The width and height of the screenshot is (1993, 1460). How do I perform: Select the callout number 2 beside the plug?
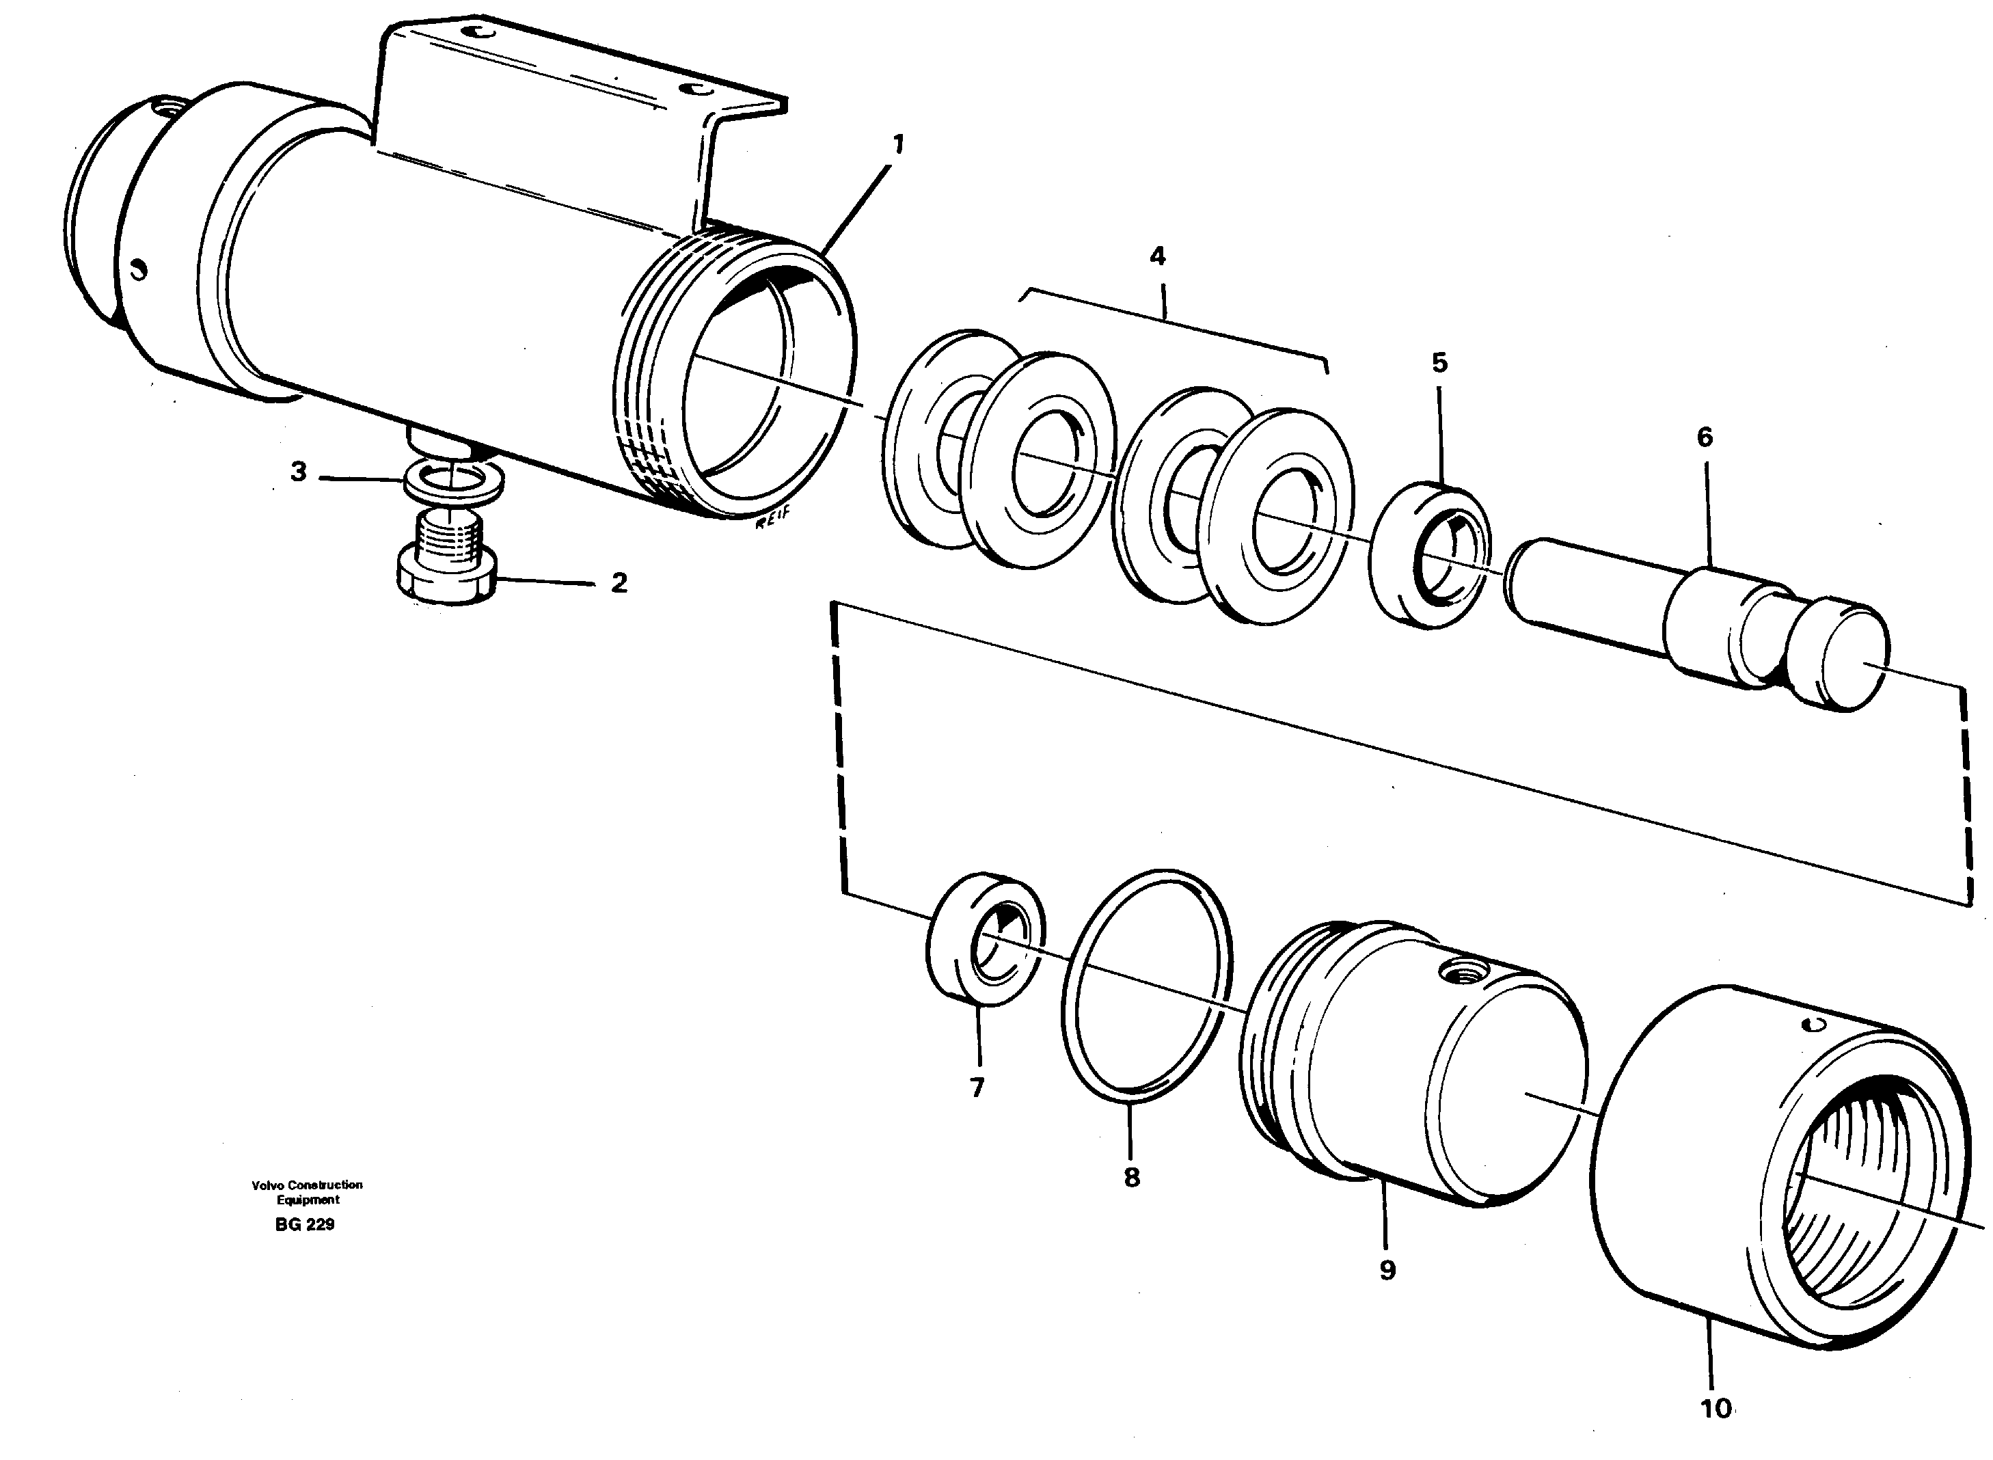(619, 583)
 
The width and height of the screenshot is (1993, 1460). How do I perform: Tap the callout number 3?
(299, 472)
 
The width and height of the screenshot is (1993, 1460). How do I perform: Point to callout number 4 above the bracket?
(1157, 256)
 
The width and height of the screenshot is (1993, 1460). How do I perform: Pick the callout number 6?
(1705, 437)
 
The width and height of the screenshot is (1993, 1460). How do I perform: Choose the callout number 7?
(977, 1089)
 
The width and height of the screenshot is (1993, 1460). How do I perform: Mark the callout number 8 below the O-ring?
(1131, 1177)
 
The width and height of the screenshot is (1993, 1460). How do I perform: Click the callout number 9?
(1387, 1270)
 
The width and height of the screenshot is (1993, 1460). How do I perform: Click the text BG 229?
(305, 1225)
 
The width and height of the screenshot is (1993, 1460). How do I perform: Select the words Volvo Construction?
(307, 1185)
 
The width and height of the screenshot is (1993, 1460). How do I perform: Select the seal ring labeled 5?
(1429, 555)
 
